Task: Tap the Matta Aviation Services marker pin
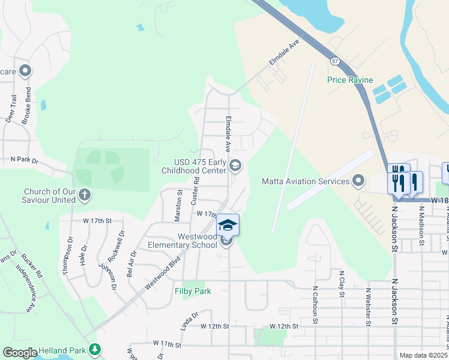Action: [x=358, y=180]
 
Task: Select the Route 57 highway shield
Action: [x=334, y=61]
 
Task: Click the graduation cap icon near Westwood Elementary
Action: [x=228, y=225]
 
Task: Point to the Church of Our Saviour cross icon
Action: [x=85, y=194]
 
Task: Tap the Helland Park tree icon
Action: [x=94, y=349]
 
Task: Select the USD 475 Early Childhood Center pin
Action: [x=235, y=164]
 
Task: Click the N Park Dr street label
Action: [x=25, y=161]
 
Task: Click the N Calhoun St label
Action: [x=314, y=304]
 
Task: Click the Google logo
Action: [x=20, y=352]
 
